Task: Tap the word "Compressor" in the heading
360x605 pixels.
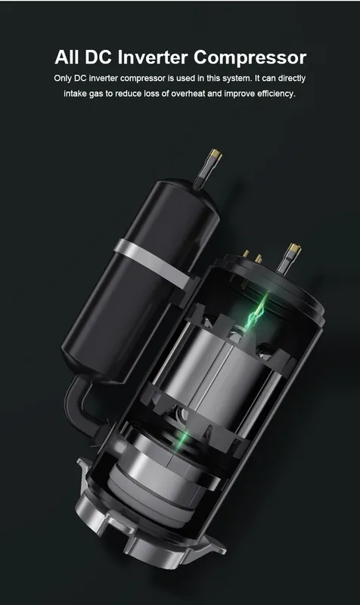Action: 250,57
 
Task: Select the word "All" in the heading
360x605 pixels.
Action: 67,57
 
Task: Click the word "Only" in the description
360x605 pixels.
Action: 63,79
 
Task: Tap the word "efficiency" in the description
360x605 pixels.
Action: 276,94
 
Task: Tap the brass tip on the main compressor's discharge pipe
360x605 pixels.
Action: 294,251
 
